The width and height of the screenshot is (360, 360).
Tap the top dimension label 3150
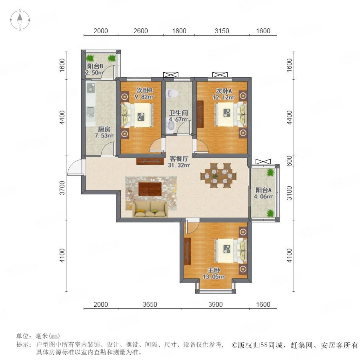pyautogui.click(x=222, y=31)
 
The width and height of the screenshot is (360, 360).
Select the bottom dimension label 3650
pyautogui.click(x=150, y=304)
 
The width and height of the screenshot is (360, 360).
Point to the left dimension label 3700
pyautogui.click(x=62, y=188)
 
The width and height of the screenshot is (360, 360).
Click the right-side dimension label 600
pyautogui.click(x=290, y=161)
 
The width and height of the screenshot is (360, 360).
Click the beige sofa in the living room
pyautogui.click(x=150, y=209)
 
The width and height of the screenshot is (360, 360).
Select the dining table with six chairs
pyautogui.click(x=218, y=176)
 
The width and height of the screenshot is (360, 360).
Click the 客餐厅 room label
pyautogui.click(x=179, y=159)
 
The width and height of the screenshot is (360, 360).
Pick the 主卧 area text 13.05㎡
pyautogui.click(x=214, y=277)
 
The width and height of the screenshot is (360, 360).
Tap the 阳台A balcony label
pyautogui.click(x=264, y=190)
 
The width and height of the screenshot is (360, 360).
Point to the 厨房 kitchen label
pyautogui.click(x=104, y=129)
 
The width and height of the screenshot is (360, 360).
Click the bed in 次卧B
pyautogui.click(x=137, y=115)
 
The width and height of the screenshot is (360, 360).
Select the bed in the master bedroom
pyautogui.click(x=231, y=250)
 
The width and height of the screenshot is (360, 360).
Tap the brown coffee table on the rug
pyautogui.click(x=150, y=189)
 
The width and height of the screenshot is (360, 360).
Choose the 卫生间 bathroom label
pyautogui.click(x=179, y=113)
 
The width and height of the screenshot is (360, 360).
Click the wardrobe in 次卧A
pyautogui.click(x=200, y=114)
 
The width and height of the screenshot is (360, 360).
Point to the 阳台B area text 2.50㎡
pyautogui.click(x=95, y=73)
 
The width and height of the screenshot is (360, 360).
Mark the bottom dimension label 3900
pyautogui.click(x=216, y=304)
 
